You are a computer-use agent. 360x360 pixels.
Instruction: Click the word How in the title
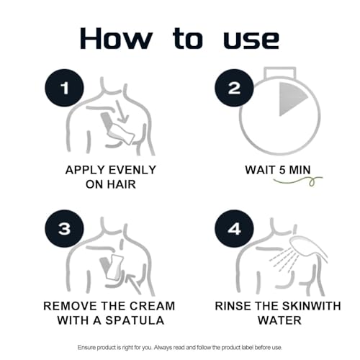click(116, 39)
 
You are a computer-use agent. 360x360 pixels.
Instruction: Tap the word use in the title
click(251, 40)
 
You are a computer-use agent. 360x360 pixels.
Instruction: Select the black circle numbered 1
click(64, 88)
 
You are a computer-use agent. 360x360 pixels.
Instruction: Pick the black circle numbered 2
click(234, 88)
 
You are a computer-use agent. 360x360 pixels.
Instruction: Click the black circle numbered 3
click(64, 229)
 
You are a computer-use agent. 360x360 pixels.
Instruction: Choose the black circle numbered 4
click(234, 229)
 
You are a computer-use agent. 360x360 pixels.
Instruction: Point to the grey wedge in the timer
click(291, 99)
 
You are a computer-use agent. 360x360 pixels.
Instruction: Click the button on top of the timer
click(280, 73)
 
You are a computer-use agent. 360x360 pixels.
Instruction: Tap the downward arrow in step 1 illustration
click(122, 112)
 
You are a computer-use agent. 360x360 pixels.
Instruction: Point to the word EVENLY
click(132, 170)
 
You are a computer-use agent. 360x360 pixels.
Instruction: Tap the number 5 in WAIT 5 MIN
click(282, 170)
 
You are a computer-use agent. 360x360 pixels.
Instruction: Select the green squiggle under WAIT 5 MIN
click(298, 181)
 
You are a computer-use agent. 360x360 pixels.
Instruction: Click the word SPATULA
click(135, 320)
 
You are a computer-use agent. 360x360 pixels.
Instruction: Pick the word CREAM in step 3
click(153, 306)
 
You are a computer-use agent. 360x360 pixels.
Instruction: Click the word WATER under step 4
click(279, 320)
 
